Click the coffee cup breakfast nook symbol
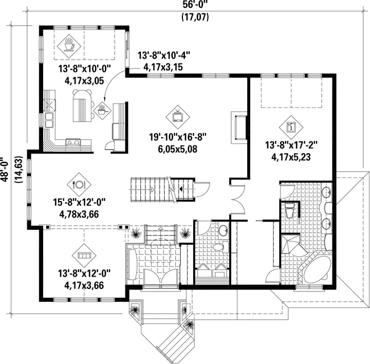pos(69,45)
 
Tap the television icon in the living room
pos(178,116)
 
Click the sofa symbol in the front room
pos(84,256)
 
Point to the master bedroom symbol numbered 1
pos(291,128)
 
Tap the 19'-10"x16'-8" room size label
pos(178,136)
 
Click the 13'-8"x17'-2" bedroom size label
pos(291,144)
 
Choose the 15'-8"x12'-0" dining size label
pos(79,202)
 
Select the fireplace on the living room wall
pos(239,128)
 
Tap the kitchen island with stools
pos(82,105)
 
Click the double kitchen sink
pos(49,120)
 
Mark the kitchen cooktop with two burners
pos(73,142)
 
